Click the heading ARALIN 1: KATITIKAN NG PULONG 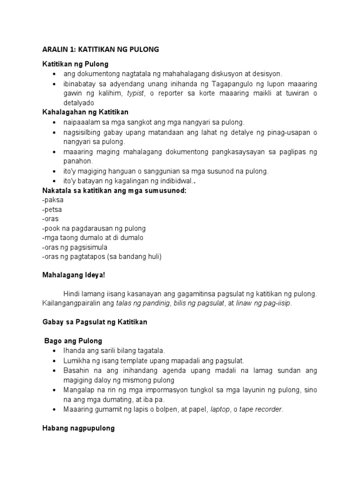pyautogui.click(x=100, y=50)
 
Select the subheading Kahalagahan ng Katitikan pyautogui.click(x=85, y=112)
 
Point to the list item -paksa pyautogui.click(x=52, y=199)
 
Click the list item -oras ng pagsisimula pyautogui.click(x=75, y=247)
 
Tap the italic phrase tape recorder pyautogui.click(x=261, y=409)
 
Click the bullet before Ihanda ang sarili pyautogui.click(x=56, y=351)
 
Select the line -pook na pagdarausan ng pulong pyautogui.click(x=94, y=228)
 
